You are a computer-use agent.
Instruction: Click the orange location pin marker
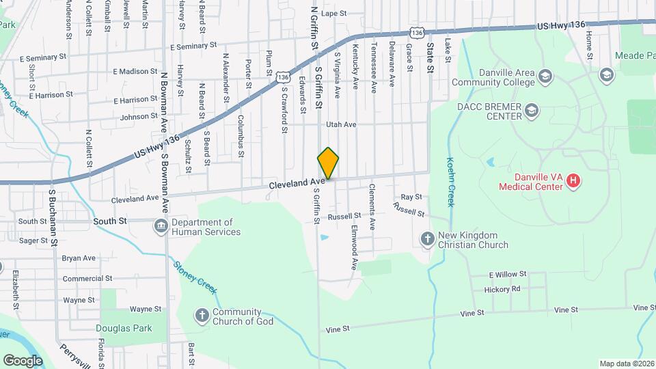pyautogui.click(x=328, y=164)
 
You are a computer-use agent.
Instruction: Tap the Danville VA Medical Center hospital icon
pyautogui.click(x=574, y=181)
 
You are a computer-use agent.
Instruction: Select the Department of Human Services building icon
pyautogui.click(x=161, y=226)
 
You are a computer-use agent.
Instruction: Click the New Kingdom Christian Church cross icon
pyautogui.click(x=427, y=239)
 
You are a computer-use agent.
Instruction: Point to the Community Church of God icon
pyautogui.click(x=202, y=316)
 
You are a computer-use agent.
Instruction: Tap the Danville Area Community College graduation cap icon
pyautogui.click(x=545, y=75)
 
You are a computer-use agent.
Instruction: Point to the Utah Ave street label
pyautogui.click(x=341, y=125)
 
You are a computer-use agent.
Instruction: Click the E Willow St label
pyautogui.click(x=507, y=275)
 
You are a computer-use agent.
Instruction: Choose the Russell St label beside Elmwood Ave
pyautogui.click(x=344, y=216)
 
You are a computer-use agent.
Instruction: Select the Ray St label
pyautogui.click(x=407, y=197)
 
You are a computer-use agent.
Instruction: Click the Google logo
pyautogui.click(x=23, y=360)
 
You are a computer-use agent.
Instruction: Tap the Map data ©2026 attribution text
pyautogui.click(x=625, y=364)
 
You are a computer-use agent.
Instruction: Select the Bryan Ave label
pyautogui.click(x=79, y=258)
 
